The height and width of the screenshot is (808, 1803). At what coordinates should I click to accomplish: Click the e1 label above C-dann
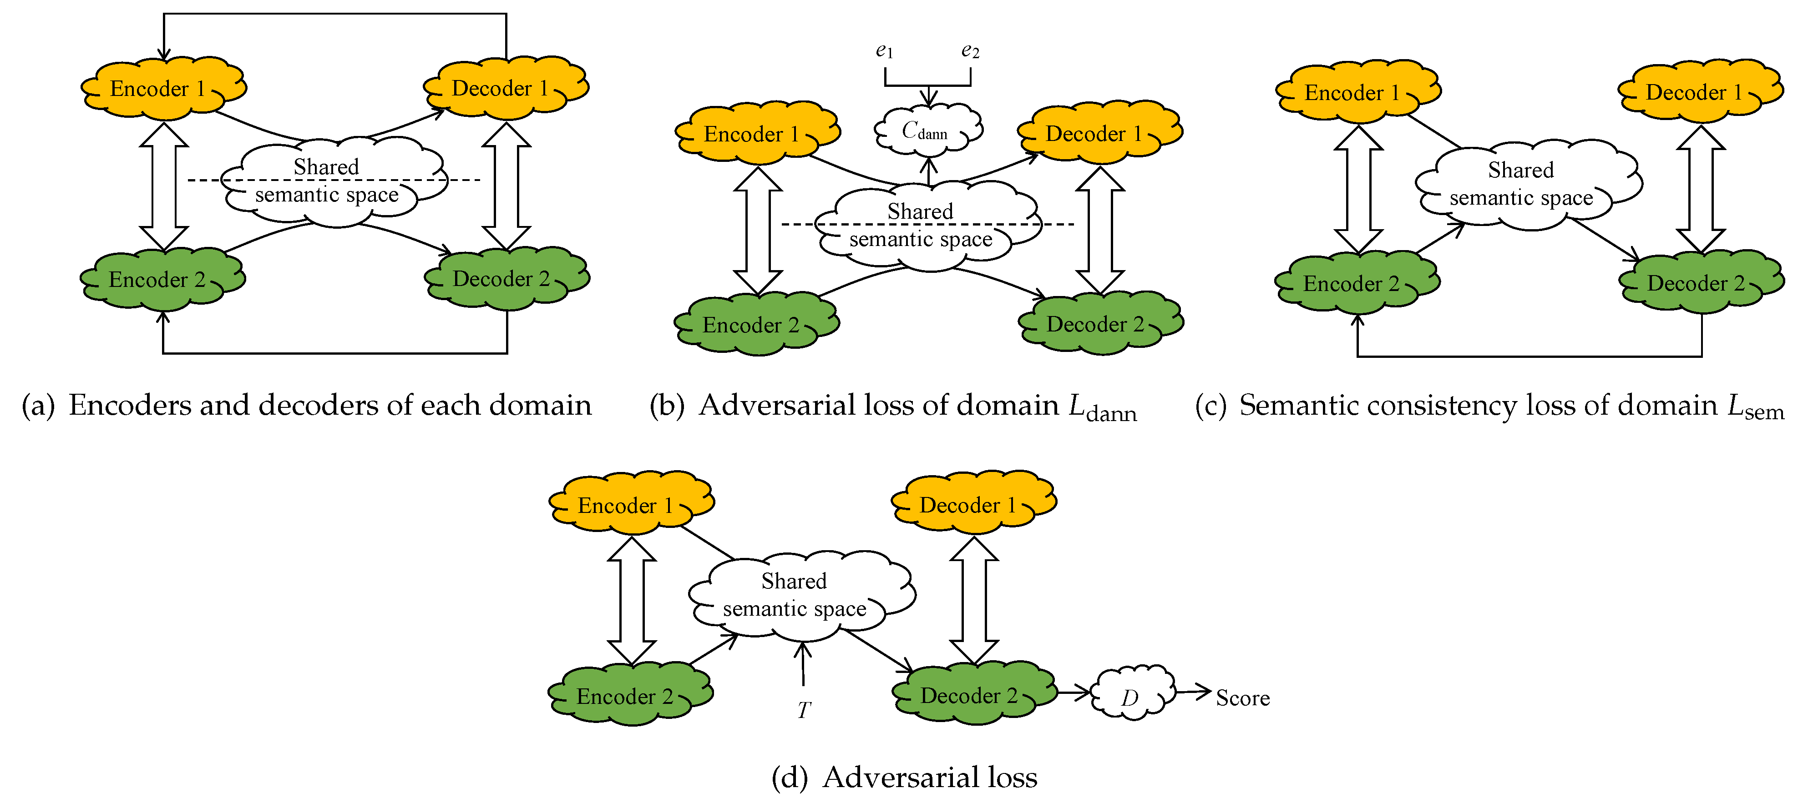(x=884, y=51)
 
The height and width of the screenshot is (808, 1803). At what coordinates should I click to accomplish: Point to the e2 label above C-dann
(x=970, y=51)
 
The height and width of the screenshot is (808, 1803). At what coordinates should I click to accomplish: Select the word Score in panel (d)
(x=1242, y=698)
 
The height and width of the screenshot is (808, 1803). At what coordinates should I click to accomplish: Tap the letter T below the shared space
(x=804, y=710)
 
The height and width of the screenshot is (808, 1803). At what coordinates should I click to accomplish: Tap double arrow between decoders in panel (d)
(x=973, y=600)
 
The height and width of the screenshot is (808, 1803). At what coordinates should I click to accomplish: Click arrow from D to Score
(x=1193, y=692)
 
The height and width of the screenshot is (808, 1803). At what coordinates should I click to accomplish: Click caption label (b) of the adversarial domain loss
(x=666, y=406)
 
